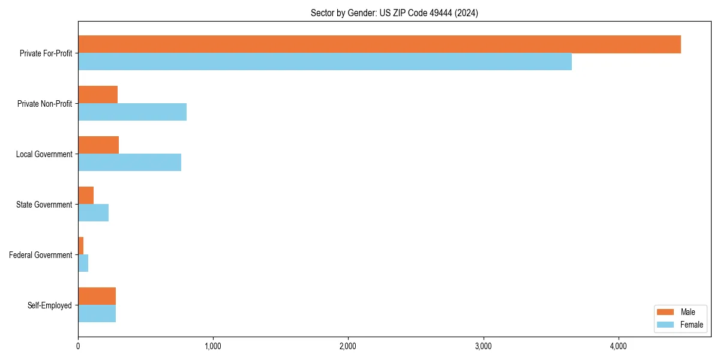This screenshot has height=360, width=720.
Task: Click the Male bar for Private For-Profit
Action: click(x=379, y=44)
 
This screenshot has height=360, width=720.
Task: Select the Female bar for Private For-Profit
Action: click(x=325, y=62)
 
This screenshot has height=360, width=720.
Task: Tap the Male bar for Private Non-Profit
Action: click(x=98, y=95)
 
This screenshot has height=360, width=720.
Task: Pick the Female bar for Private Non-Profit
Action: click(x=132, y=112)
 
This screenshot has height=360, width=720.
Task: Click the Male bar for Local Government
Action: click(x=98, y=145)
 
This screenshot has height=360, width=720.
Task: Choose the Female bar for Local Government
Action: click(x=130, y=163)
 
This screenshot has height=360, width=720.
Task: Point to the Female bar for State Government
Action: click(x=93, y=213)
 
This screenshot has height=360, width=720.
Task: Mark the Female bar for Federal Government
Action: click(x=83, y=263)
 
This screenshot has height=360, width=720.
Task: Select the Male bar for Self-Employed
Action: click(x=97, y=296)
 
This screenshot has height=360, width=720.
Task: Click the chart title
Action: click(x=394, y=13)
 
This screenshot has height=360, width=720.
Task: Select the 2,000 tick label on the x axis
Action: click(x=348, y=346)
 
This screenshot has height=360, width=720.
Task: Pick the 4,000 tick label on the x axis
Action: click(x=618, y=346)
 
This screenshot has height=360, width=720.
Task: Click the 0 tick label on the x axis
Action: click(x=78, y=346)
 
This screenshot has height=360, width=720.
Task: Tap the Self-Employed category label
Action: click(x=50, y=305)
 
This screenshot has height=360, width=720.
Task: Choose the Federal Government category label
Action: click(x=41, y=255)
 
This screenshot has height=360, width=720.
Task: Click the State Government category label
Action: click(x=44, y=205)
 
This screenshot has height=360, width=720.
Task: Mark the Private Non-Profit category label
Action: click(x=44, y=104)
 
